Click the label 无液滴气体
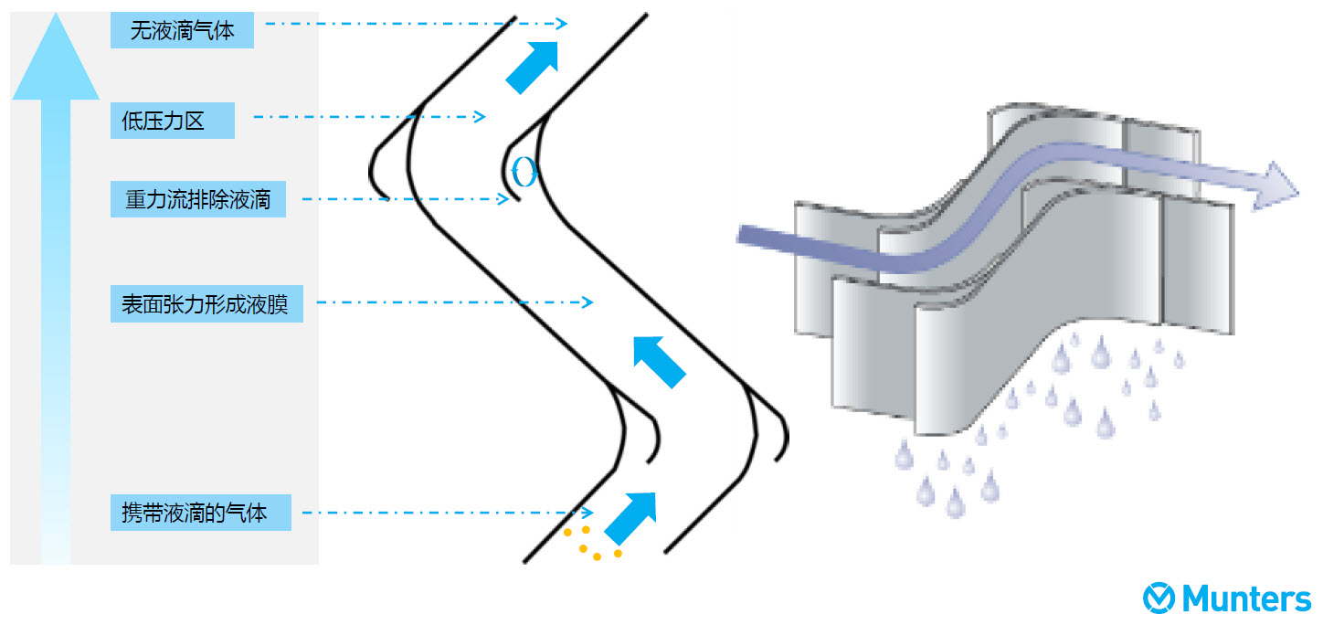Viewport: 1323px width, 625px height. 181,31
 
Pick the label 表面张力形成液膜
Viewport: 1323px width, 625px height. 206,303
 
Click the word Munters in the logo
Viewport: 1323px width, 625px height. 1246,599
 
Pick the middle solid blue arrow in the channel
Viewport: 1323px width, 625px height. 659,360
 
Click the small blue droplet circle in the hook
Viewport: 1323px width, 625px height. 524,172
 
